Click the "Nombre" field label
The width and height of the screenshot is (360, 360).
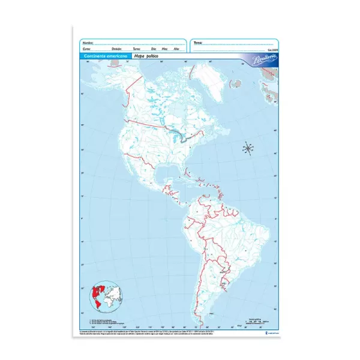[x=88, y=43]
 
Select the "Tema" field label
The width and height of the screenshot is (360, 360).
[x=199, y=43]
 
